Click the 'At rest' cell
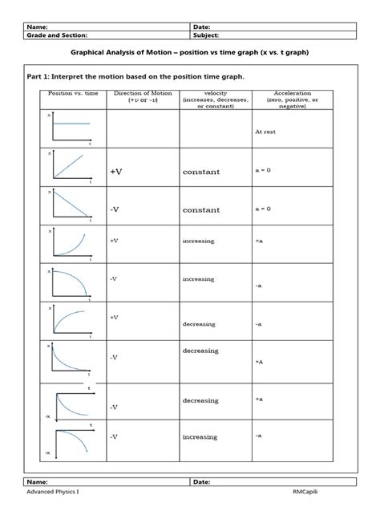[265, 132]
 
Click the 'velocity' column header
[215, 99]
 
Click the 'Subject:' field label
[207, 35]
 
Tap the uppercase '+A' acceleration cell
[260, 363]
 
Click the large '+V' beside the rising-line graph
[118, 172]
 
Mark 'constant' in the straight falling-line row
[200, 210]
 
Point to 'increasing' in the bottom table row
[200, 437]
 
